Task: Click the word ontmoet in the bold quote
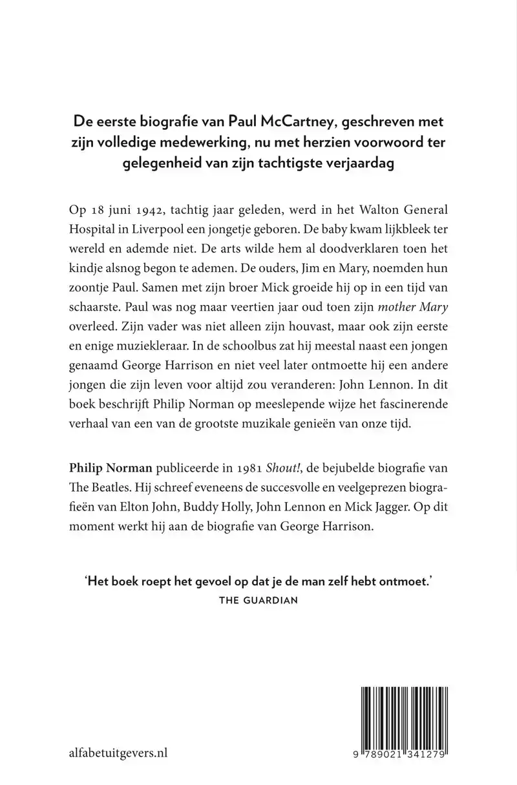click(404, 581)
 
